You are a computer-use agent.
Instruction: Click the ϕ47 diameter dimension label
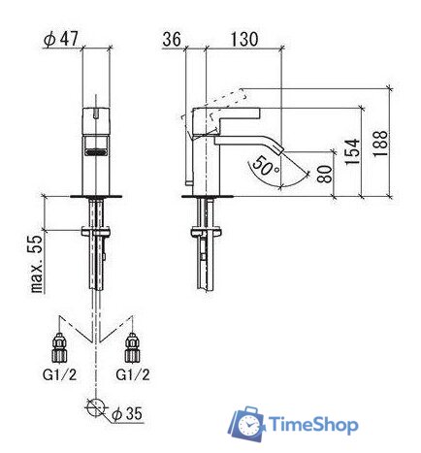[x=61, y=40]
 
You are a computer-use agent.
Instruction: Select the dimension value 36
[x=174, y=40]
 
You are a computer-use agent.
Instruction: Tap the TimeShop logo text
[x=312, y=426]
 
